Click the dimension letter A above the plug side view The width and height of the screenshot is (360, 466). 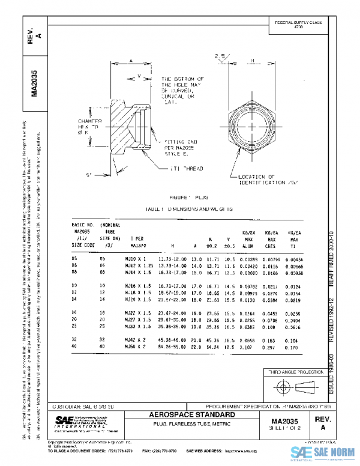(131, 61)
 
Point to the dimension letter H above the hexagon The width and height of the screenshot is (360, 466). (252, 61)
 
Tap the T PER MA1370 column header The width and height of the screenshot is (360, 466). (137, 241)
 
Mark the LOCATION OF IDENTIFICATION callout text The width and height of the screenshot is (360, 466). (265, 178)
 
